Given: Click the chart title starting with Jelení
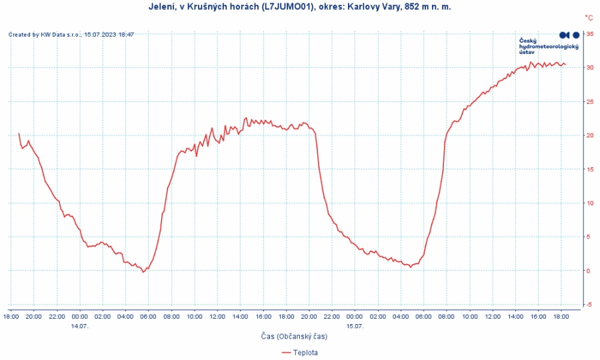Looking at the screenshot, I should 299,7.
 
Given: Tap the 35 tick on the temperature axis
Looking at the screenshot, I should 590,33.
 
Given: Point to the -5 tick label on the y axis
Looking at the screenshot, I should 590,304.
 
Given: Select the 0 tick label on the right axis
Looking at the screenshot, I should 590,271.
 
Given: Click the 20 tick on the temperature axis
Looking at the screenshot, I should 590,135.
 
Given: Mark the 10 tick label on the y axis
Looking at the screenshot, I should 590,203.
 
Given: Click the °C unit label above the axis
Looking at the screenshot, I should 589,18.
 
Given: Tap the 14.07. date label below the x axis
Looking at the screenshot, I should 80,326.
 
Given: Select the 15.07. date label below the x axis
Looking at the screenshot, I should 355,326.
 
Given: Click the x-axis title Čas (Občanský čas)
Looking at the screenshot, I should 294,337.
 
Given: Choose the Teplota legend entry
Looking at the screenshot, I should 305,352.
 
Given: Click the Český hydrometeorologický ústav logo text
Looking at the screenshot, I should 548,46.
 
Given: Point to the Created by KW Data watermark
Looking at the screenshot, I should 71,35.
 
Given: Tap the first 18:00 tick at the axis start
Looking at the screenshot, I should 11,317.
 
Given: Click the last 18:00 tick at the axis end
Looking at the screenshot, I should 561,317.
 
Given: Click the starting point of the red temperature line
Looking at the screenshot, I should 19,133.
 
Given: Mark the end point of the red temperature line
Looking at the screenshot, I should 565,65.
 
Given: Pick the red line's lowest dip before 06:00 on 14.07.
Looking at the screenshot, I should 143,272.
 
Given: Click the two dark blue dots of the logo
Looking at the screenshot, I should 569,35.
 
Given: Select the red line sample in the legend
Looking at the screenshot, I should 287,352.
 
